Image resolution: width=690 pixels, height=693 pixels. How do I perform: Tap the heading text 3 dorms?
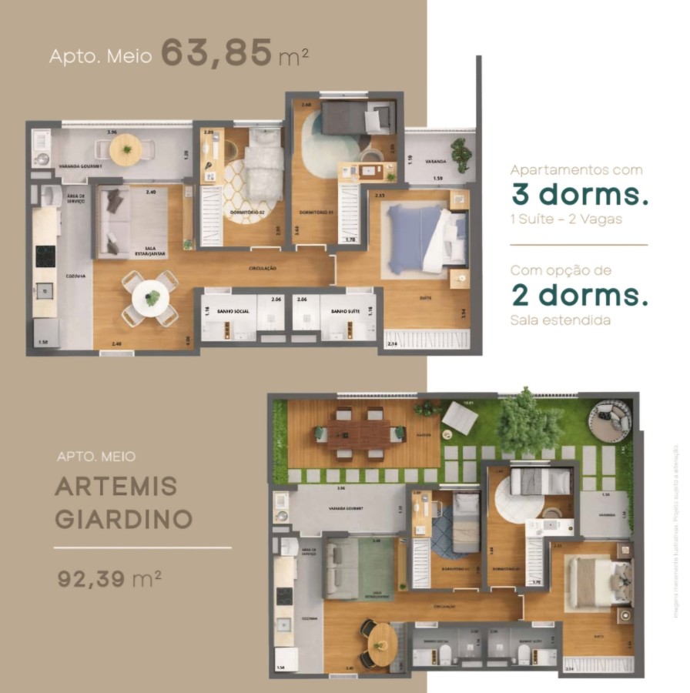[x=578, y=195]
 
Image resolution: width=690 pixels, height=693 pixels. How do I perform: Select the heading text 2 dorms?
[x=578, y=295]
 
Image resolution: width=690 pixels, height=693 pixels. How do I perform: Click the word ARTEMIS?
[x=116, y=486]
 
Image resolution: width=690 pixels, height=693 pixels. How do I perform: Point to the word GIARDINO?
[x=123, y=518]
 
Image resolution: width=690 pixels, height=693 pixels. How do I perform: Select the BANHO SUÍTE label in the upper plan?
[x=347, y=310]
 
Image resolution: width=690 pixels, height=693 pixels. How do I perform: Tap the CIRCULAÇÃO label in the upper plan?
[x=263, y=268]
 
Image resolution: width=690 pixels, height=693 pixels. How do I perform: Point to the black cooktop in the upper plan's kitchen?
[x=45, y=256]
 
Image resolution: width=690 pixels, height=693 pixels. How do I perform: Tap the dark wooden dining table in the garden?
[x=360, y=434]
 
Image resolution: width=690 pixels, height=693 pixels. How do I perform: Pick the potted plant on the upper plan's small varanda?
[x=461, y=153]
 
